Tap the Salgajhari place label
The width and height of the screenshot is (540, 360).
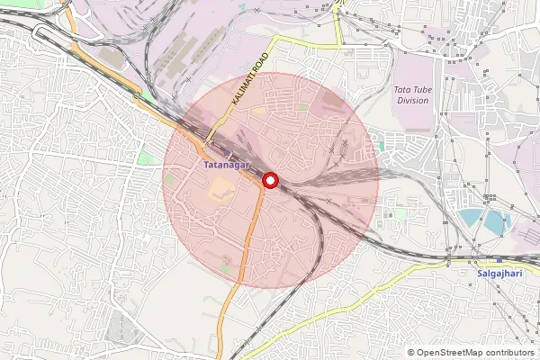click(499, 272)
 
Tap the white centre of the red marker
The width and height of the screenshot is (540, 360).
click(270, 181)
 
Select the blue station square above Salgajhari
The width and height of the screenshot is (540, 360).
click(499, 259)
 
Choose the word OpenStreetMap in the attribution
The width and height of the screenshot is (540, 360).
click(453, 353)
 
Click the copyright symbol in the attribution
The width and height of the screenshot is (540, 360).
click(411, 353)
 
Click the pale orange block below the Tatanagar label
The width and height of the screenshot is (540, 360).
click(220, 189)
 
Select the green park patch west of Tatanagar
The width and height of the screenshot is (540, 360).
click(145, 158)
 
